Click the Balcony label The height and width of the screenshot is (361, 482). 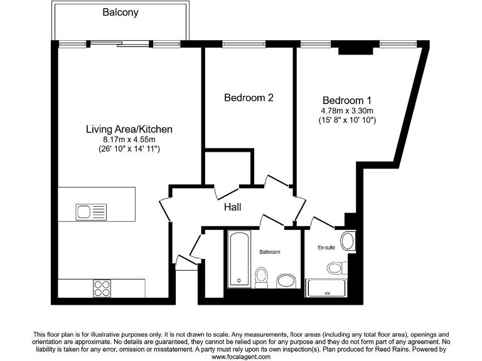tap(120, 13)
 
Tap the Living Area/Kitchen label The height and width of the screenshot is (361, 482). tap(129, 129)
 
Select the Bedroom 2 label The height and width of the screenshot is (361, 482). tap(249, 98)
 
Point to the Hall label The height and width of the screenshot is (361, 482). tap(232, 207)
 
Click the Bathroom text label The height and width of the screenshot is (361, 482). tap(270, 251)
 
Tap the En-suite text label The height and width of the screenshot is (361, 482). tap(326, 248)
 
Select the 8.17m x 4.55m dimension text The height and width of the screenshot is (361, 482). tap(129, 139)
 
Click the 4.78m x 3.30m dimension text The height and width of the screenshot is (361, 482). tap(347, 110)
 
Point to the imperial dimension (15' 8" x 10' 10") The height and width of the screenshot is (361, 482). tap(347, 120)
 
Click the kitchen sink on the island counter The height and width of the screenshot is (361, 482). tap(92, 210)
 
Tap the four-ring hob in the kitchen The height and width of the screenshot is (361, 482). tap(102, 288)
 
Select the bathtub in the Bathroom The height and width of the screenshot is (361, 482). tap(239, 259)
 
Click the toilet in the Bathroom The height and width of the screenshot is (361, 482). tap(262, 276)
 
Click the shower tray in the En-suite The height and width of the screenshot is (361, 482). tap(326, 288)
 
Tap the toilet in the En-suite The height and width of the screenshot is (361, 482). tap(336, 268)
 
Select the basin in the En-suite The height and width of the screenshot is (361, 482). tap(348, 241)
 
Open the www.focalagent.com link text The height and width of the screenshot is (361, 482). tap(240, 357)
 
